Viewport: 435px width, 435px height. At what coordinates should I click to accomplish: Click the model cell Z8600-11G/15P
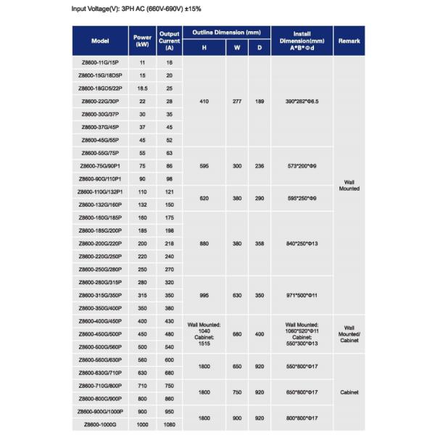(x=101, y=64)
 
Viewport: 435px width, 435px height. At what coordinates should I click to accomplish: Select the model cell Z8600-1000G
(x=101, y=424)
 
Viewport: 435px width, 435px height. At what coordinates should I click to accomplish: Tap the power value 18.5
(x=141, y=88)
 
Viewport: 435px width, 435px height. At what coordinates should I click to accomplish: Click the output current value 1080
(x=169, y=424)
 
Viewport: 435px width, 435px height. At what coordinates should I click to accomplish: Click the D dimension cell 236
(x=260, y=166)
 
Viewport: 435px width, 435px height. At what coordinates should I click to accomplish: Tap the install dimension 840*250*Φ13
(x=302, y=244)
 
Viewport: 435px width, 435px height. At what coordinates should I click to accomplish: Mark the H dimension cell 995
(x=204, y=295)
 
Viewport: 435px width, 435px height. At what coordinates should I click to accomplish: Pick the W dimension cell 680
(x=236, y=334)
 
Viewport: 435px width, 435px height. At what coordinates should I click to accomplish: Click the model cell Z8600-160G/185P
(x=101, y=217)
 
